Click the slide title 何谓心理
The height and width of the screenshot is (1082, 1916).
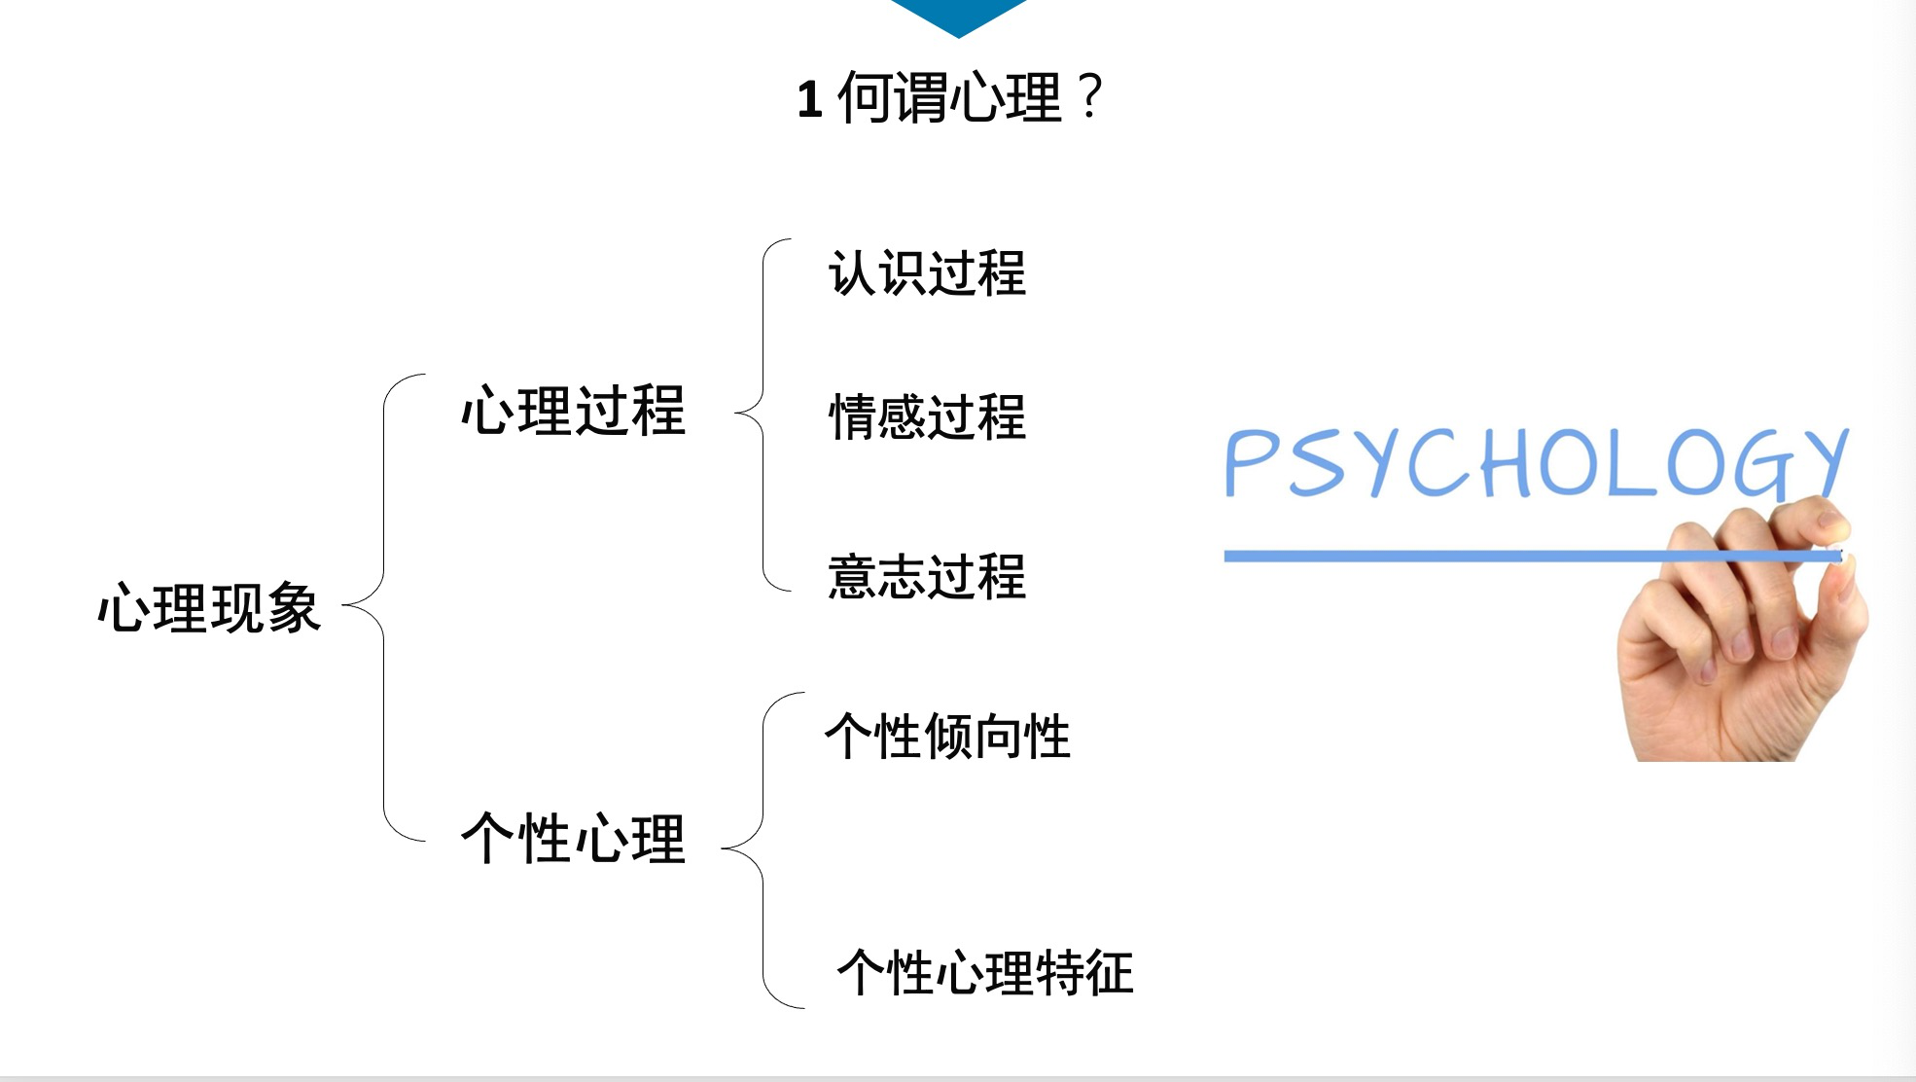tap(948, 97)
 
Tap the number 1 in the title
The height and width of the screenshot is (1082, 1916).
tap(809, 100)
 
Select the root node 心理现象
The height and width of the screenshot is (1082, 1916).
tap(209, 608)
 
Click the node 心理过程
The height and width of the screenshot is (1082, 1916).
tap(573, 411)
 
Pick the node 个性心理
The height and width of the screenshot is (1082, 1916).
tap(573, 839)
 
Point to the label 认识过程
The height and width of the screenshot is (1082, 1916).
tap(927, 273)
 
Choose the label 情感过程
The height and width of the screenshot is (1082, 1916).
tap(927, 417)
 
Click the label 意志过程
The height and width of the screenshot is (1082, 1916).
tap(927, 576)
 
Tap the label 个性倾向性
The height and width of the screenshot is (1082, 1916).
tap(947, 736)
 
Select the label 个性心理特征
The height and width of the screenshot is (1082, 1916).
tap(984, 972)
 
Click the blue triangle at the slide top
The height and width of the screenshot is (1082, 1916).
tap(958, 15)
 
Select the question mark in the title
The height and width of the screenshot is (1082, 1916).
tap(1090, 97)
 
